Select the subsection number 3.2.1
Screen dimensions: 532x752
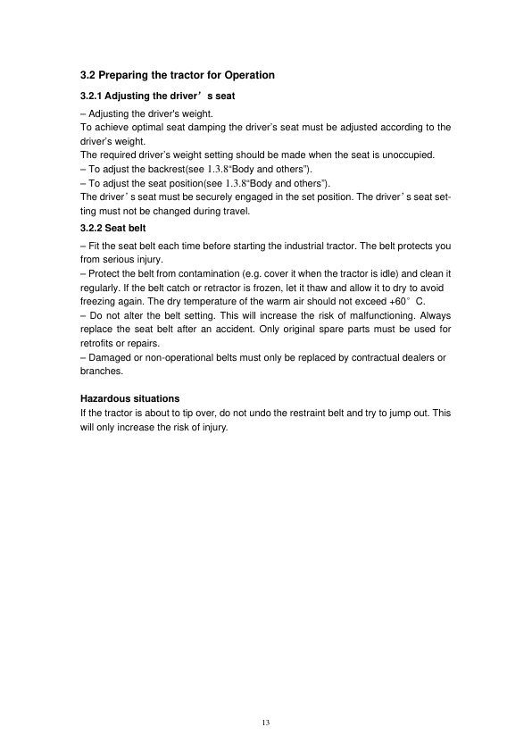92,95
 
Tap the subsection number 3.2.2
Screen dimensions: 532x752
92,228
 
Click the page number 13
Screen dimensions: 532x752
265,722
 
